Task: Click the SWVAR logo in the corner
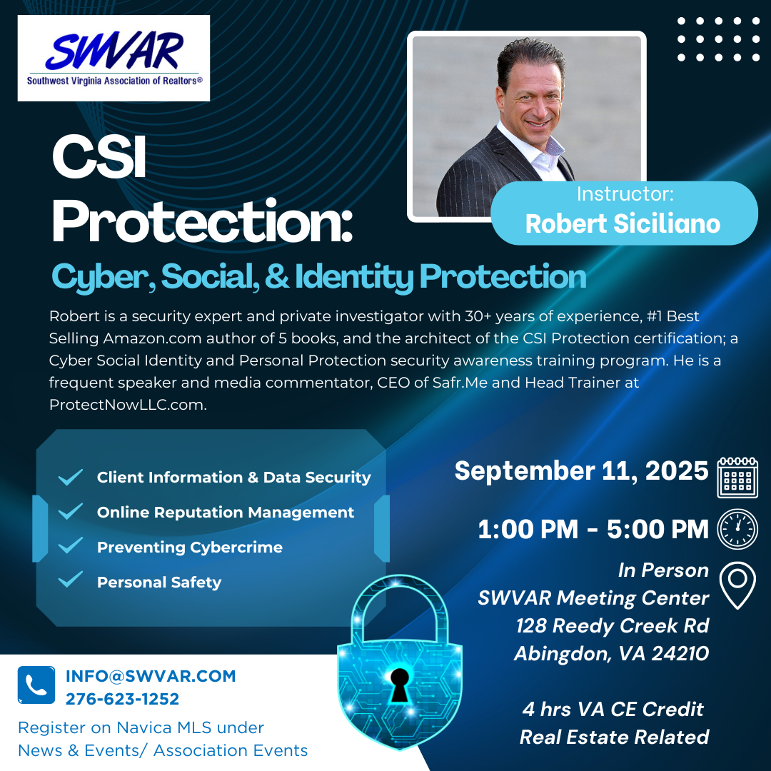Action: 114,58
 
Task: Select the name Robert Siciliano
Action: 623,223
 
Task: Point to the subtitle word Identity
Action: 354,277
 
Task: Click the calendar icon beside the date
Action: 737,477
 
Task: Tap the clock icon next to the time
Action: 737,529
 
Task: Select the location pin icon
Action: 737,585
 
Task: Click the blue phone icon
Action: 36,685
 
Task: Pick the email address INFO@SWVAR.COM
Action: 151,676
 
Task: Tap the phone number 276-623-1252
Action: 123,699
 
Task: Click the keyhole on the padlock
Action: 399,685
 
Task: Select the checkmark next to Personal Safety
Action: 70,580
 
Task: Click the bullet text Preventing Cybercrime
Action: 190,548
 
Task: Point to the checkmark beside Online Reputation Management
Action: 70,511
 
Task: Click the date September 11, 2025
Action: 581,471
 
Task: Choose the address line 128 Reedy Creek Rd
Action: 613,626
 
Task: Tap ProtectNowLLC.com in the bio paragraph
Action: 128,405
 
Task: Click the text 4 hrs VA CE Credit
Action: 613,710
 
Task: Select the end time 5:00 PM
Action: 657,530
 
